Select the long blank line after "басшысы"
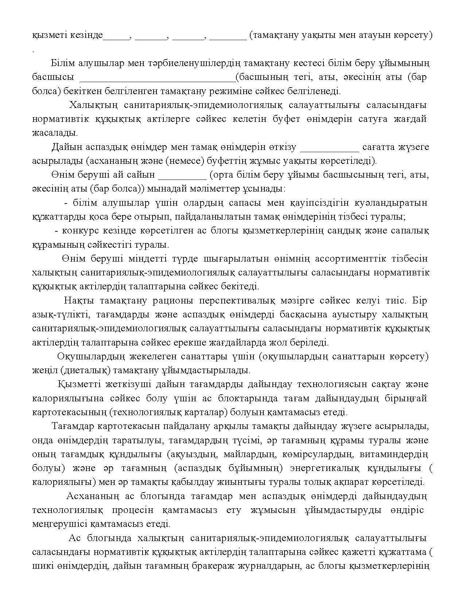(158, 79)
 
